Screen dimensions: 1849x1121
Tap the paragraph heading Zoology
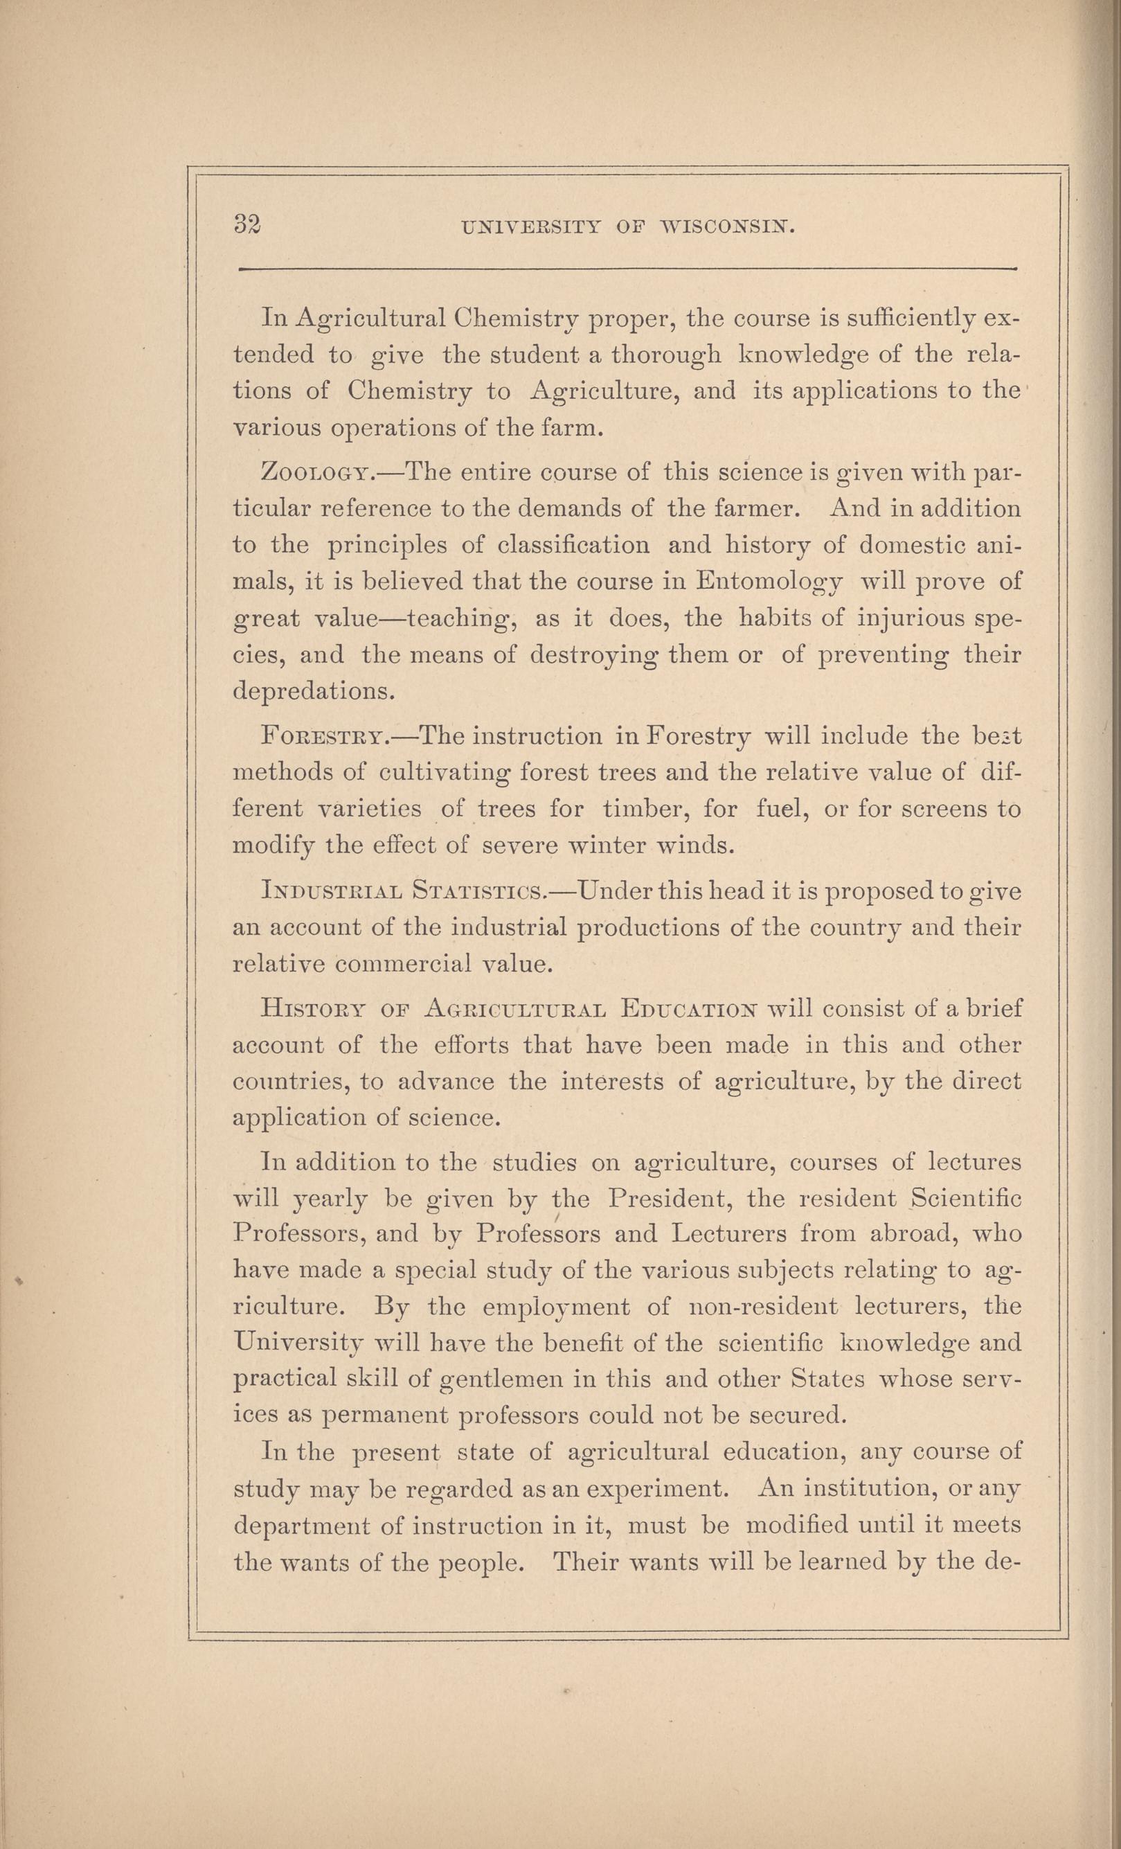coord(313,474)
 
